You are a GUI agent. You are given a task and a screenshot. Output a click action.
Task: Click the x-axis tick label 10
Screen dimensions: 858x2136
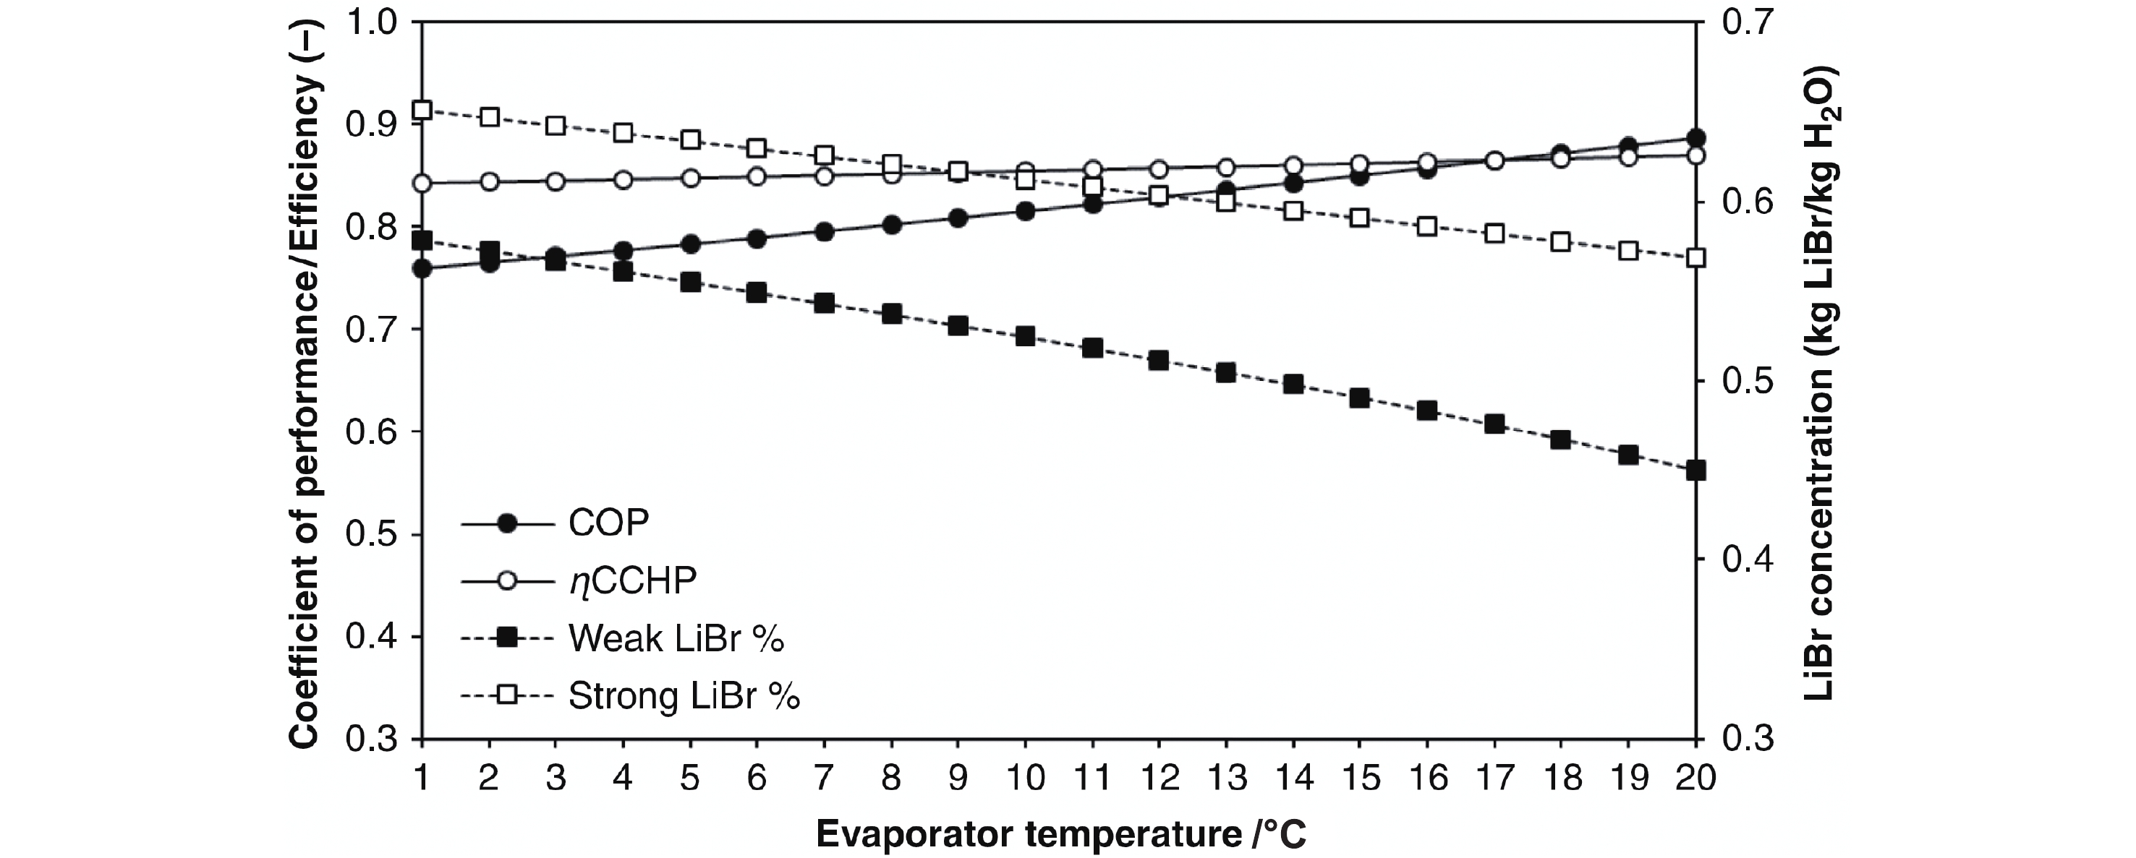[1026, 778]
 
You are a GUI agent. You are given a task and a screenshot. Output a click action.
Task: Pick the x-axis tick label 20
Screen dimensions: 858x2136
[1694, 778]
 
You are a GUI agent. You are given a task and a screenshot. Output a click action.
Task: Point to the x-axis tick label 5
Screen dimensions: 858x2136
[690, 778]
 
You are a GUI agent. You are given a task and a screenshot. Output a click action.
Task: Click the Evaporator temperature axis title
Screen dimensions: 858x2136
[1060, 834]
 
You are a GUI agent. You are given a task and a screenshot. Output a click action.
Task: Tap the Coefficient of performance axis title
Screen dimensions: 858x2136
[305, 382]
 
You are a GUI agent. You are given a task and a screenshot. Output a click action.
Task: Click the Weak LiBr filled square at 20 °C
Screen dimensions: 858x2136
[1695, 470]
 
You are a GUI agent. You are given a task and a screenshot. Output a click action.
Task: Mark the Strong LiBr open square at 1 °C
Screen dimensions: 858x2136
[422, 111]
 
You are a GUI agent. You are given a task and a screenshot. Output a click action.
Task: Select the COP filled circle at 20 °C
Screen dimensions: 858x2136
[1695, 137]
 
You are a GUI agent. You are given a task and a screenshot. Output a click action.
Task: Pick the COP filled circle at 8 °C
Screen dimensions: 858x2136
[891, 225]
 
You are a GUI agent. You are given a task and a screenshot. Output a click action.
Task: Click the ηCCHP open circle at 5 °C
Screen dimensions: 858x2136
[690, 179]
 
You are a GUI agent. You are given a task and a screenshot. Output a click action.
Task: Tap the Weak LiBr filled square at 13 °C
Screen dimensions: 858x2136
[1225, 373]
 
